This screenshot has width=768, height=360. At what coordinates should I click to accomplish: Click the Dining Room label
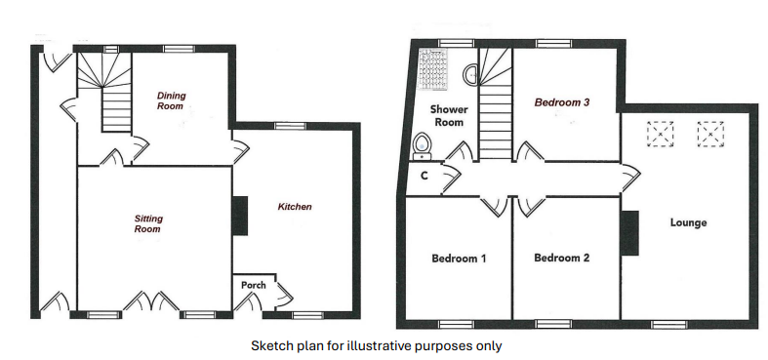point(171,100)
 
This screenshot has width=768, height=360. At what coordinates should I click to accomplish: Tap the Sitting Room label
point(148,223)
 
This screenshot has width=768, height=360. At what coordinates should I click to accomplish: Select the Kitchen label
point(295,207)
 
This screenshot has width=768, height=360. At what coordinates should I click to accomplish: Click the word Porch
point(254,285)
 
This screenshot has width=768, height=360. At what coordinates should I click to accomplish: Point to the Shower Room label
point(449,115)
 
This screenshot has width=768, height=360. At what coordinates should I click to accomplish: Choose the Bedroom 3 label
point(561,102)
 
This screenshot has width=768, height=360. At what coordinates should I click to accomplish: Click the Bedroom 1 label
point(459,259)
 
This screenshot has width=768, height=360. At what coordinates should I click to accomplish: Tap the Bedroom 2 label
point(561,258)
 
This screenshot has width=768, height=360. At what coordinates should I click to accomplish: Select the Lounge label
point(688,222)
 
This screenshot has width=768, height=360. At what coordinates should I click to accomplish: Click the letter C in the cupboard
point(424,176)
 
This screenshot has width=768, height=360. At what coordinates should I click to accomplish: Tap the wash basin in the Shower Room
point(470,75)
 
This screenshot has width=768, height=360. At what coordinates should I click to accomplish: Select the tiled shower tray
point(433,69)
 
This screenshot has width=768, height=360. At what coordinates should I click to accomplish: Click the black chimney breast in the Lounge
point(629,233)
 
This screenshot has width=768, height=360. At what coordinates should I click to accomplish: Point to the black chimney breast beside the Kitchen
point(240,216)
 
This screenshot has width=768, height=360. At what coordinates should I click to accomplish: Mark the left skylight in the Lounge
point(661,134)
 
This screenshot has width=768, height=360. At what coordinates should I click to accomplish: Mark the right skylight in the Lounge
point(710,134)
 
